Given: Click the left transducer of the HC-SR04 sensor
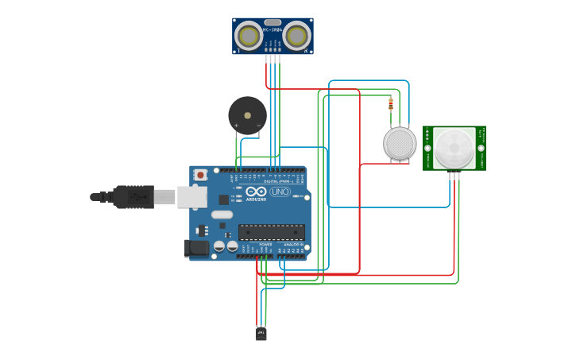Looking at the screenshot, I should point(249,36).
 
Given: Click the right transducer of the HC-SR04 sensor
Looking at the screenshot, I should point(296,36).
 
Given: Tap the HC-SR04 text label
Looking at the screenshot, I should point(273,29).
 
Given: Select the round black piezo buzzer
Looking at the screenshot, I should point(247,115).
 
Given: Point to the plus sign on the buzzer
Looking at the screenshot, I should point(236,126).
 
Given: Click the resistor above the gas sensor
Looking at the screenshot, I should point(390,104).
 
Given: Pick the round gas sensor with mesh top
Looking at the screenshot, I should point(400,143).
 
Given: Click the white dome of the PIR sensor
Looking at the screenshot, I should point(454,148).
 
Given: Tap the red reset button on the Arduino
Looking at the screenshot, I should point(200,174).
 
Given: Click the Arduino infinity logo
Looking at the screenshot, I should point(257,192).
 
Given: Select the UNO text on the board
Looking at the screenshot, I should point(280,192).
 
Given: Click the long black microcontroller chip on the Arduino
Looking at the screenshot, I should point(271,232).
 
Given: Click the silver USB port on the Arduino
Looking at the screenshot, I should point(191,196).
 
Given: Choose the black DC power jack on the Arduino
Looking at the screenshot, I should point(196,249).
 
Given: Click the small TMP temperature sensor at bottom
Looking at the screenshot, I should point(261,334).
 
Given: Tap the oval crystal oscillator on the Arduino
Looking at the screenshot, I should point(222,215).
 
